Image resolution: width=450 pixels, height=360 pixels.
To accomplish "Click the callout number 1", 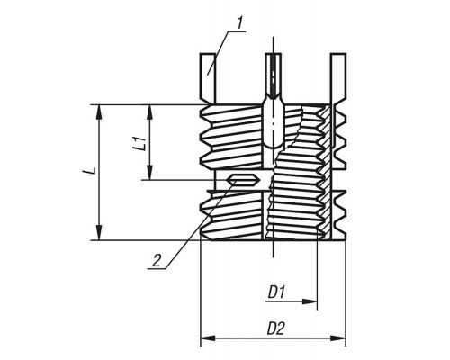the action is point(239,23).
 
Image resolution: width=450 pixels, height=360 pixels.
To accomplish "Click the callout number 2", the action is point(157,260).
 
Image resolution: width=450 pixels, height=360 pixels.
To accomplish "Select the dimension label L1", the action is point(140,143).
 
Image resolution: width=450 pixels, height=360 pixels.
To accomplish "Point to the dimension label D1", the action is point(277,292).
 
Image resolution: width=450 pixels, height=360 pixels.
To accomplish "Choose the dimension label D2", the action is point(275,328).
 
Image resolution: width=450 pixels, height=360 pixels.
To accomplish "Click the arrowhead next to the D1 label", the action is point(310,301).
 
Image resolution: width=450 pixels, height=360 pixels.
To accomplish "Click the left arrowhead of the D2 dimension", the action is point(208,338).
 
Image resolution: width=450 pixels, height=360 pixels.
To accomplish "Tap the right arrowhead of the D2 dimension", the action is point(338,338).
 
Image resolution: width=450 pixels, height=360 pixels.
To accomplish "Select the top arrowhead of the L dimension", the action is point(99,112).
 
